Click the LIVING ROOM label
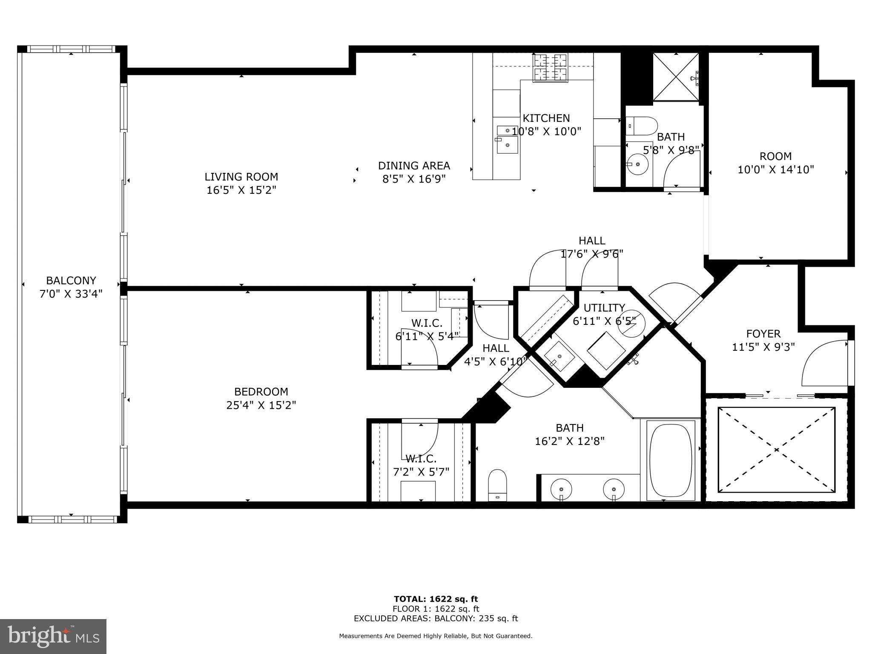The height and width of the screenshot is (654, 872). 241,177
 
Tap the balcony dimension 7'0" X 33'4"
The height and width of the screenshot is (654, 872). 71,294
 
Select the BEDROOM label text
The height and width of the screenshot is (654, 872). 261,392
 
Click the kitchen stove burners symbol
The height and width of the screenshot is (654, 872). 551,68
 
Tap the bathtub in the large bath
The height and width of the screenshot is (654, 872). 671,460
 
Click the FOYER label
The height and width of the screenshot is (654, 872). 763,334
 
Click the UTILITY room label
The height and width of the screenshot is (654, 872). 604,308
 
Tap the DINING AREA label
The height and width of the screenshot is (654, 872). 414,166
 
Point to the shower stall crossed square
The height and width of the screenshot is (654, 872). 676,77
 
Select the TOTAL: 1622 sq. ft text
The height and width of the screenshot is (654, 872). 436,599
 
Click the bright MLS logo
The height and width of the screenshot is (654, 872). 53,636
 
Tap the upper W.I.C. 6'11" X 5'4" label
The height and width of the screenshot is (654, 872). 427,330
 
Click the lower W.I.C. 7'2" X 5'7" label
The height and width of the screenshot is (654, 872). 421,465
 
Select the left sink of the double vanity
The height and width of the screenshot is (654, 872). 562,489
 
